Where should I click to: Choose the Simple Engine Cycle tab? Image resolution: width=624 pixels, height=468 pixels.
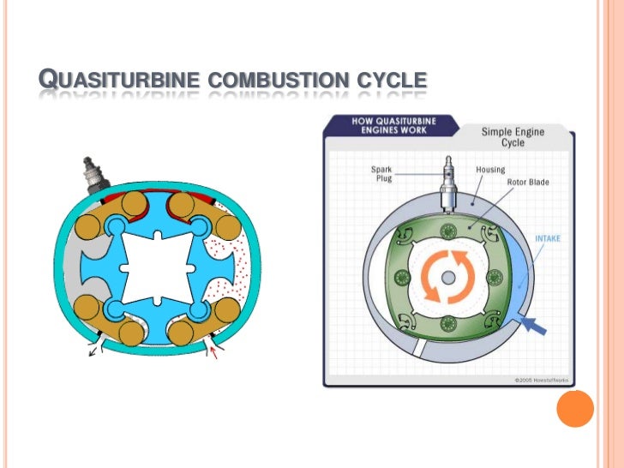point(513,137)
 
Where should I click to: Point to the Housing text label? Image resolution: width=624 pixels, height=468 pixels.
point(490,170)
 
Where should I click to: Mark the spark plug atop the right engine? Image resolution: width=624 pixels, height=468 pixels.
point(449,185)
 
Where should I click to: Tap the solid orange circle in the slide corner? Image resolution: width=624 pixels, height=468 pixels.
point(574,410)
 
